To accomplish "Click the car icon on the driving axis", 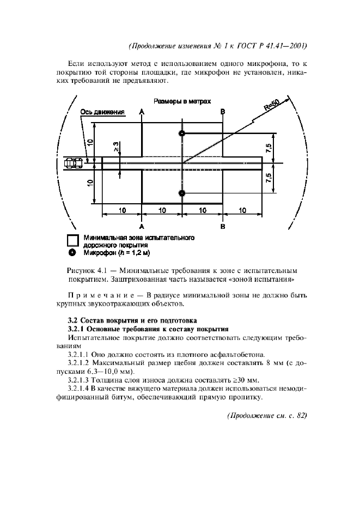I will click(74, 162).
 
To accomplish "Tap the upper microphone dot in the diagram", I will click(182, 133).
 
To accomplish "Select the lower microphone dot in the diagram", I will click(182, 192).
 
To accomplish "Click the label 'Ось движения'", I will click(103, 113).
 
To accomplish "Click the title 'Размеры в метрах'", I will click(182, 101).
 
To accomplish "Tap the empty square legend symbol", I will click(72, 240).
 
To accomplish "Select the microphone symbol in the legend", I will click(72, 253).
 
